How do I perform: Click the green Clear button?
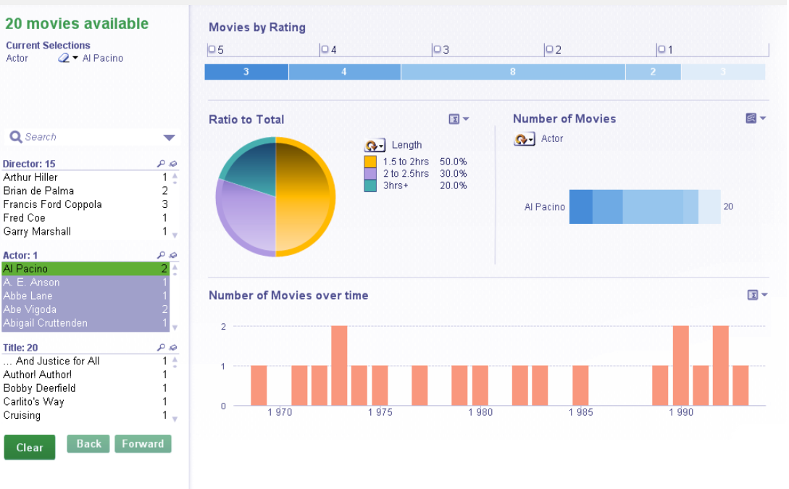coord(29,447)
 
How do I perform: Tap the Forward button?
coord(143,444)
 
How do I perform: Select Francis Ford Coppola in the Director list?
coord(52,204)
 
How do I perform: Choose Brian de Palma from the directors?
coord(38,191)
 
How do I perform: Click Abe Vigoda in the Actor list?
coord(30,309)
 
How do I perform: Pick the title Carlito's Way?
coord(33,401)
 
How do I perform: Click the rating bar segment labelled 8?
coord(512,72)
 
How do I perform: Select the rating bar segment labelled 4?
coord(344,72)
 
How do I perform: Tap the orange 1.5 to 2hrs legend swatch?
coord(370,162)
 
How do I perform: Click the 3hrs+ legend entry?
coord(395,185)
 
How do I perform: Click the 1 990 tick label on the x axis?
coord(681,412)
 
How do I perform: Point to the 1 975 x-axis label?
coord(380,412)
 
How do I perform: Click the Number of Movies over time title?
coord(288,295)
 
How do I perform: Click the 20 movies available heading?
coord(77,24)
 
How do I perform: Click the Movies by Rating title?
coord(257,28)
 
